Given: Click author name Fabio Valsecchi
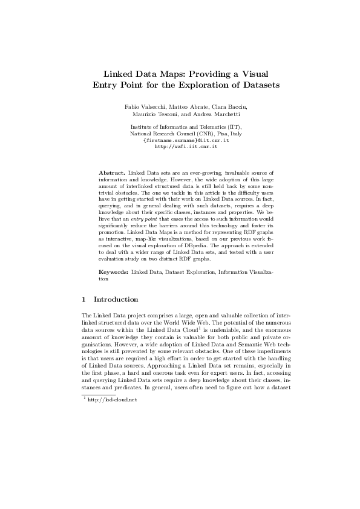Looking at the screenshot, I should coord(145,107).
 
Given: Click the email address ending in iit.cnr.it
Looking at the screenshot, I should coord(181,140).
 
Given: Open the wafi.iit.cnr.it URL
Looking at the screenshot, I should coord(181,146).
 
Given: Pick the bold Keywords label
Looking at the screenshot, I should coord(114,273).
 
